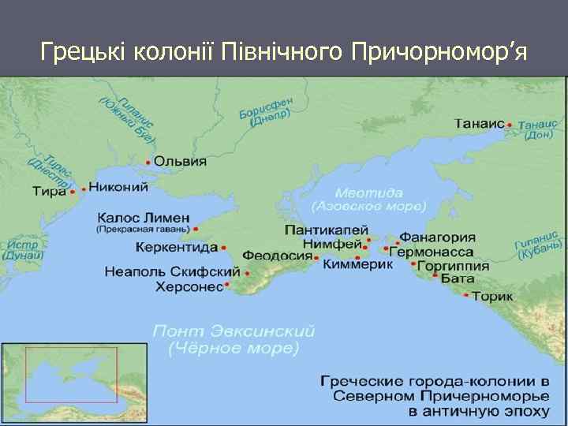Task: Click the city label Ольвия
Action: [x=180, y=161]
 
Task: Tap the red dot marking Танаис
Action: [x=510, y=125]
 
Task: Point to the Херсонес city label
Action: [x=189, y=286]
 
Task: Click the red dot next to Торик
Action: [x=467, y=296]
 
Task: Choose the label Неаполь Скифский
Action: [x=160, y=272]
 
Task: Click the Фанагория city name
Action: [x=437, y=237]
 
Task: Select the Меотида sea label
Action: [x=368, y=192]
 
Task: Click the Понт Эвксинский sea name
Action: [x=234, y=330]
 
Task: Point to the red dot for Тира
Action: [x=73, y=191]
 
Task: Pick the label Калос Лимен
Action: [x=144, y=218]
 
